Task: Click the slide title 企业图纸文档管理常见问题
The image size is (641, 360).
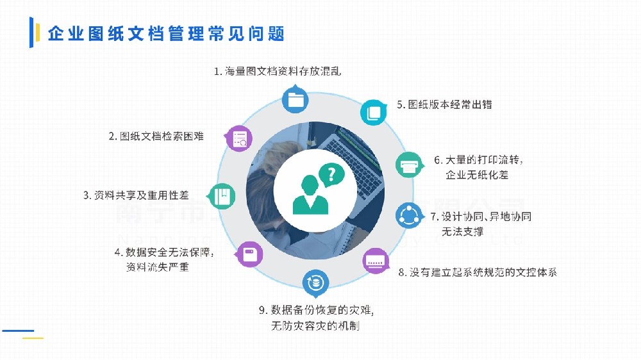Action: click(166, 34)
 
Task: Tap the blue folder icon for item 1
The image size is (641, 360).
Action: click(295, 99)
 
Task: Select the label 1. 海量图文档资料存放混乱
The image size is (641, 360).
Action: click(278, 71)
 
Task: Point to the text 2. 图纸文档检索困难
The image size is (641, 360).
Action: click(156, 136)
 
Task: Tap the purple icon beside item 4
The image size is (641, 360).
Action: click(250, 254)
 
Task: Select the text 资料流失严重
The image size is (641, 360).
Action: click(158, 267)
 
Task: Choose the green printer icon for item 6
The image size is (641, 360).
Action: click(408, 166)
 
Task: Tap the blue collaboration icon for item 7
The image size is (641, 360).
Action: click(408, 215)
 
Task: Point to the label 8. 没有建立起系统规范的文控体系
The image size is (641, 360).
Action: click(478, 272)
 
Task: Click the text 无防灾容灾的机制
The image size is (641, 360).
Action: click(315, 327)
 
